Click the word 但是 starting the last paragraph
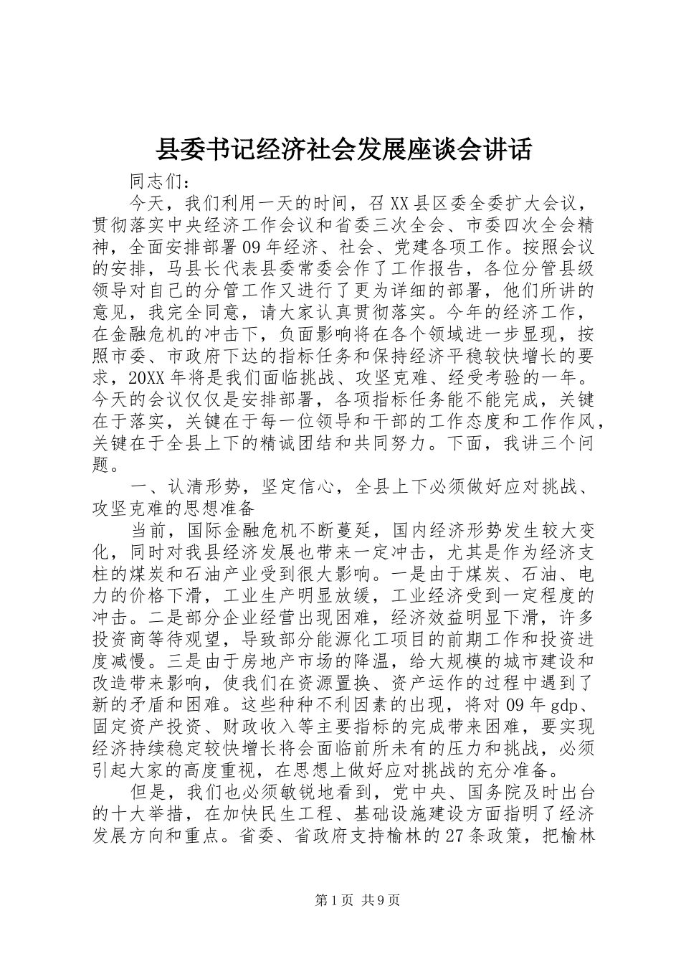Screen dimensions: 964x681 click(148, 793)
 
